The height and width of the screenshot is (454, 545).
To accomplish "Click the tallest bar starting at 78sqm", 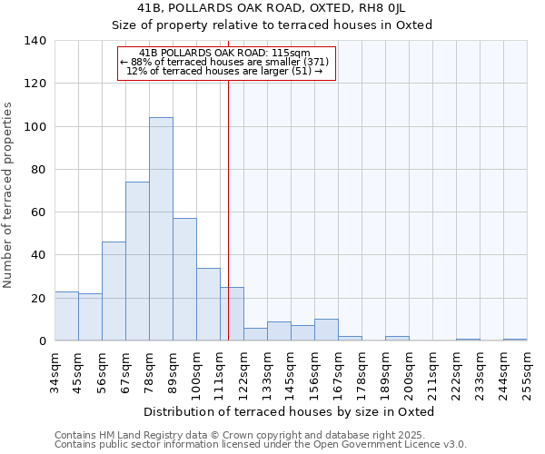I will click(x=161, y=229).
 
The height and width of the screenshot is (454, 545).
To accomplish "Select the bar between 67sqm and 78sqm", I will click(x=137, y=262).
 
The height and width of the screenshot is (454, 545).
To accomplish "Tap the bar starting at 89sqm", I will click(x=184, y=280).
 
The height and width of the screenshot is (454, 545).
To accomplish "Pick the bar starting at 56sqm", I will click(x=114, y=291).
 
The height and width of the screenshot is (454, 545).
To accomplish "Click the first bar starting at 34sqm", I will click(x=66, y=316).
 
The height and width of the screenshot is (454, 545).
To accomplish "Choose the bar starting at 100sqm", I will click(x=208, y=304).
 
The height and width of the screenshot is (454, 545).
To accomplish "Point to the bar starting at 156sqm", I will click(x=326, y=331).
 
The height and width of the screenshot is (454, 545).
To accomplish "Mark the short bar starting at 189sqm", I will click(x=397, y=339).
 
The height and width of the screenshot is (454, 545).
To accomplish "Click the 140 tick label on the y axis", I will click(x=35, y=41).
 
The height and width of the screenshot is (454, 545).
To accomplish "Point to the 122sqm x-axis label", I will click(x=243, y=372).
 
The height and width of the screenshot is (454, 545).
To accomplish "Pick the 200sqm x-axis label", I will click(x=409, y=372).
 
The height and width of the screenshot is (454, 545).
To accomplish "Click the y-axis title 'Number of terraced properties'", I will click(x=9, y=194).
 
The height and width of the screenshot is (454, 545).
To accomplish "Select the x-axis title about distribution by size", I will click(x=291, y=411).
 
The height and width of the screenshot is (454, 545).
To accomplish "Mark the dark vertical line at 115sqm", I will click(x=228, y=209).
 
